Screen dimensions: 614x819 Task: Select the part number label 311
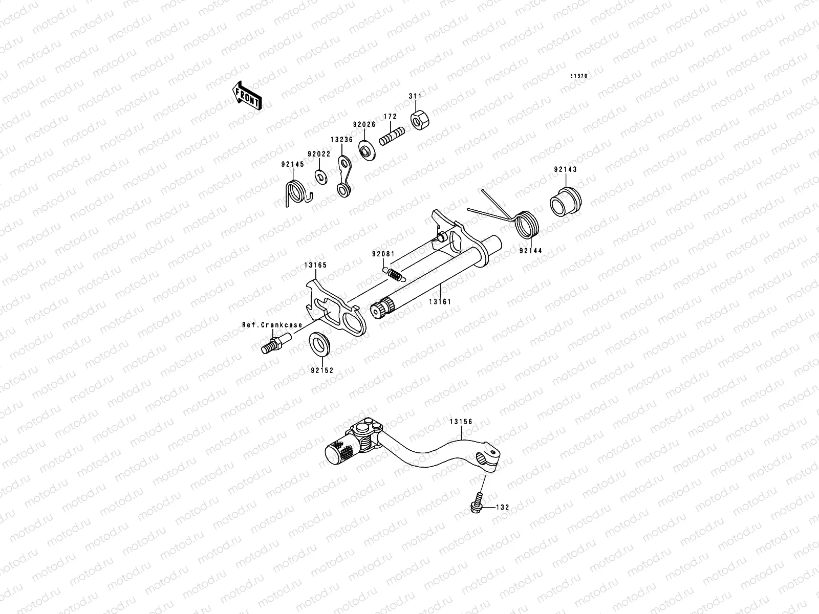pyautogui.click(x=415, y=96)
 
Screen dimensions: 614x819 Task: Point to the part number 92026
pyautogui.click(x=363, y=124)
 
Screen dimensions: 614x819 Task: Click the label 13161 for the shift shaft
pyautogui.click(x=440, y=302)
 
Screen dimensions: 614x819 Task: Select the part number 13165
pyautogui.click(x=315, y=265)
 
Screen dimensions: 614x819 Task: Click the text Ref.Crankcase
pyautogui.click(x=272, y=324)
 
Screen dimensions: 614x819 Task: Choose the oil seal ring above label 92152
pyautogui.click(x=320, y=342)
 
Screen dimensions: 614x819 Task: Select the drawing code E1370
pyautogui.click(x=579, y=76)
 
